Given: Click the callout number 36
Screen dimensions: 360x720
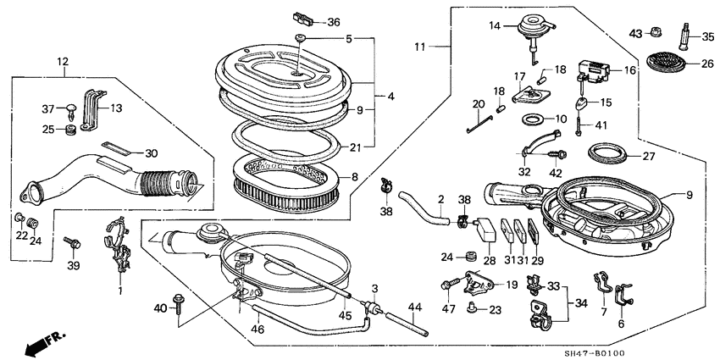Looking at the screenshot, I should click(333, 21).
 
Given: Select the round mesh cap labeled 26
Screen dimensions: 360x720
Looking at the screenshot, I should click(662, 62).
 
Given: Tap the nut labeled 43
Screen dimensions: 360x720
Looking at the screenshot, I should click(657, 33).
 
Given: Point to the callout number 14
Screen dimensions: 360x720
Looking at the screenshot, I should click(496, 26).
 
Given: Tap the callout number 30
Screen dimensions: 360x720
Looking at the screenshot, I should click(151, 152).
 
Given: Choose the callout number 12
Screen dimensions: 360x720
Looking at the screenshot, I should click(62, 62).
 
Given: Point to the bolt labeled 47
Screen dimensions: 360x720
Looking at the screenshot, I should click(447, 286).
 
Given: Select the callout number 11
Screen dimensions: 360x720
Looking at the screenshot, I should click(421, 44).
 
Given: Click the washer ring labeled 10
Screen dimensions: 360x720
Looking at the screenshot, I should click(534, 119).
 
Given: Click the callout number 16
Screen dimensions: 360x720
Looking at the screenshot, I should click(630, 70).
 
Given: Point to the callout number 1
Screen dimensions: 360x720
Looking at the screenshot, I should click(120, 291).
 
